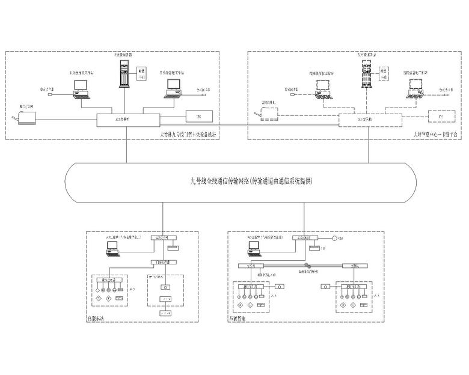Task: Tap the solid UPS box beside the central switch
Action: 195,115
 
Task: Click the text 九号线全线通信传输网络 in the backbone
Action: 216,180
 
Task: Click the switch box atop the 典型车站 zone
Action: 163,238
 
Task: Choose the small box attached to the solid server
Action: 143,75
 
